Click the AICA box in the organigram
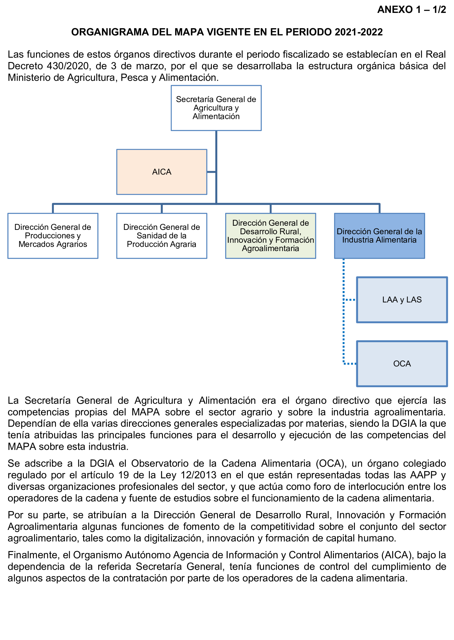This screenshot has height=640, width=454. coord(162,172)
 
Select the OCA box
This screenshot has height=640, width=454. coord(402,364)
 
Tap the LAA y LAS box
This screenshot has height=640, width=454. coord(402,299)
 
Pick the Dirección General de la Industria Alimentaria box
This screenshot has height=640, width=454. coord(379,235)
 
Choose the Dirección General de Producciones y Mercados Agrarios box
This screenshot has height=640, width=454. coord(53,235)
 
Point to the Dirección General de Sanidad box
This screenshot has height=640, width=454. coord(162,235)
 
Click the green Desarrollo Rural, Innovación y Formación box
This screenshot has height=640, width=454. coord(270,235)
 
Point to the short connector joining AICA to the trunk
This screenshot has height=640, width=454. coord(211,172)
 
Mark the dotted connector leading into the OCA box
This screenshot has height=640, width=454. coord(350,364)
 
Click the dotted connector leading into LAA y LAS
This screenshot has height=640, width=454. coord(349,299)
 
